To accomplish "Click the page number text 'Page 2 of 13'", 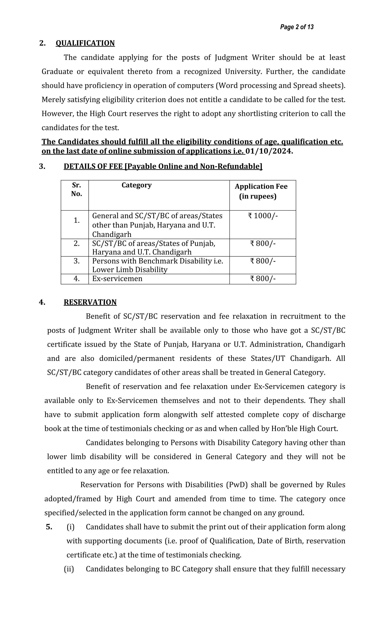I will coord(297,27).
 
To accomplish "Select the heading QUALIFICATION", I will coord(85,43).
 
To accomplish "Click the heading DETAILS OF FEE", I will coord(163,166).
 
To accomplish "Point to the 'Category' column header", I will coord(136,185).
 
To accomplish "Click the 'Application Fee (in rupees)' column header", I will coord(261,191).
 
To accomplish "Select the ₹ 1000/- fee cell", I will coord(263,216).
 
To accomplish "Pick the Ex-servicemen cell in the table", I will coord(117,279).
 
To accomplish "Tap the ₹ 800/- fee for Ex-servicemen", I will coord(263,279).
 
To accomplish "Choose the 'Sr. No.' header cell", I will coord(76,189).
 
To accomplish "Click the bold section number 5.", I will coord(49,527).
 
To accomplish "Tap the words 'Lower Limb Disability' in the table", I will coord(130,270).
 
